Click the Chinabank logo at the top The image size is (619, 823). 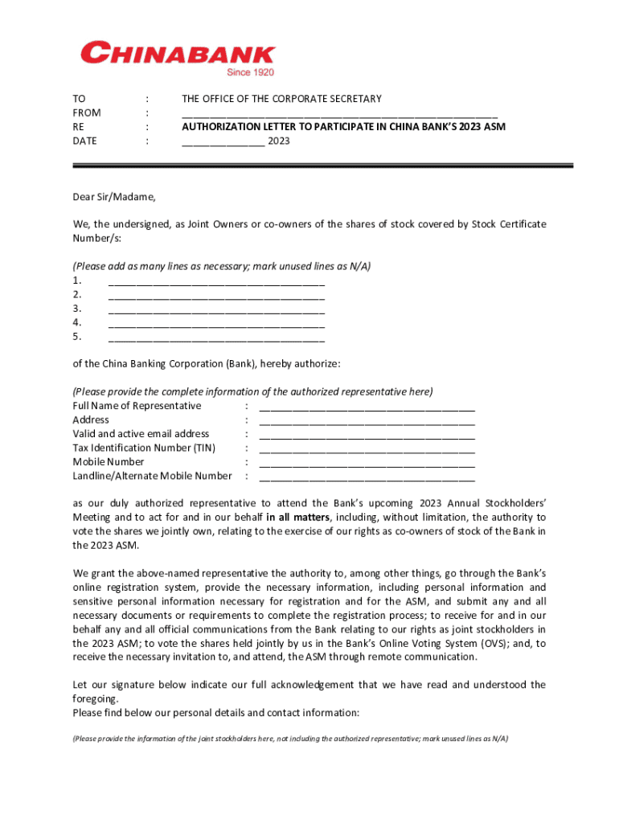178,55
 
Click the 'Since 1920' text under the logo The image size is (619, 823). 250,72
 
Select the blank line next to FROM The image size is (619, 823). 339,113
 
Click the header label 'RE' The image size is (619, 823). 79,127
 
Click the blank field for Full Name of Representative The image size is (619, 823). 367,407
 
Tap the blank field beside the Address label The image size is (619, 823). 367,420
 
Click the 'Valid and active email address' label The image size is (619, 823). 141,434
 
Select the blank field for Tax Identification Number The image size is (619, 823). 367,448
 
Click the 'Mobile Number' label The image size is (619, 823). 109,462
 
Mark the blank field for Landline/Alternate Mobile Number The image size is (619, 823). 367,477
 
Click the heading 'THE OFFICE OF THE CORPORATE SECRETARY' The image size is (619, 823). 281,99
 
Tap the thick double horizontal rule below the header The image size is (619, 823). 322,166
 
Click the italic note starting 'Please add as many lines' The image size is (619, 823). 222,266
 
